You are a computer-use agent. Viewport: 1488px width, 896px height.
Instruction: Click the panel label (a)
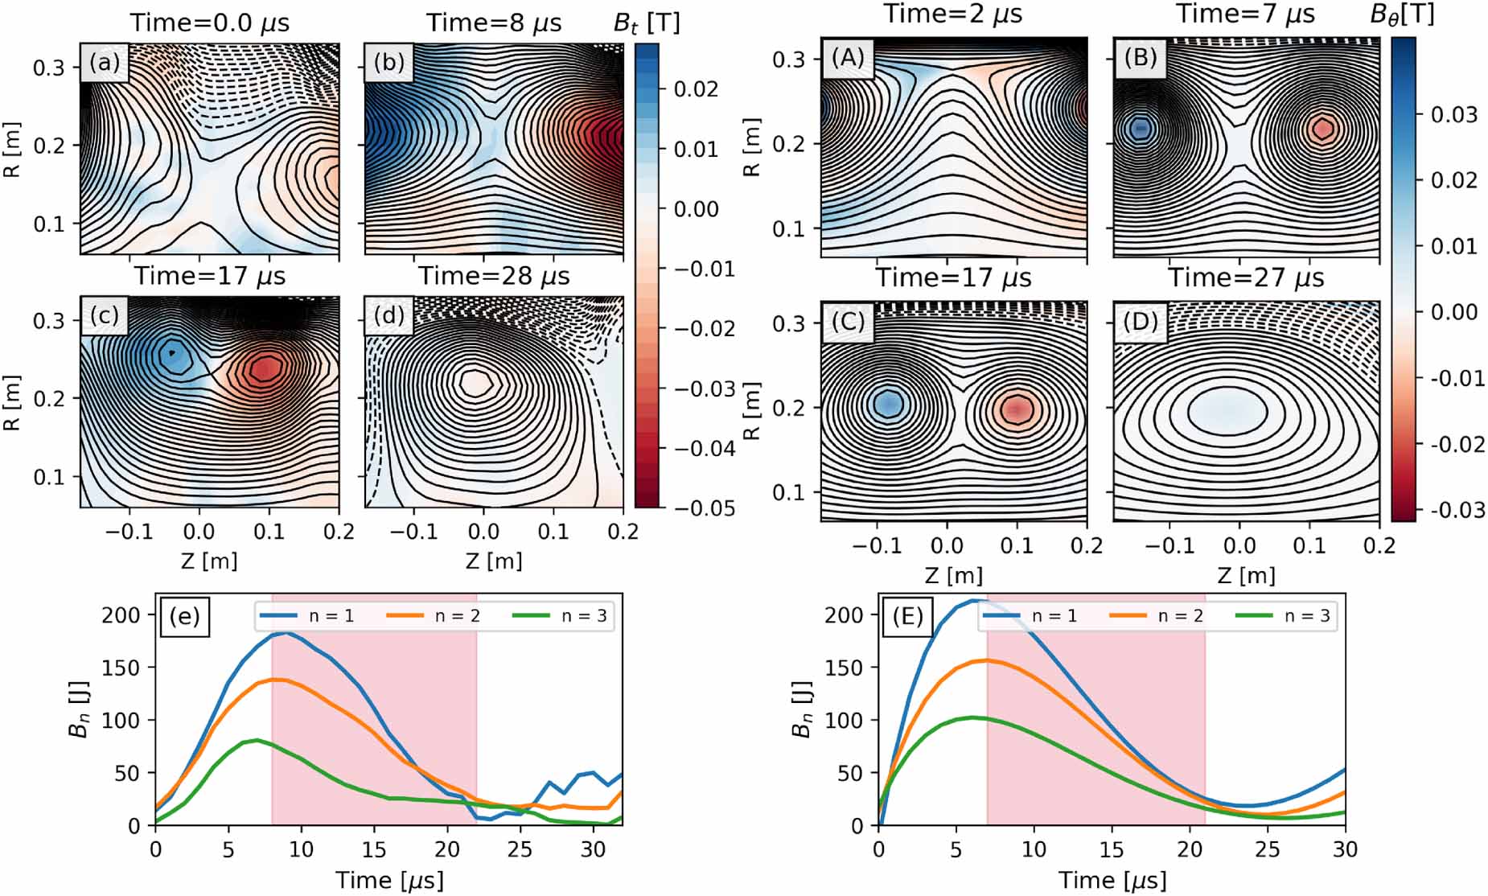(105, 63)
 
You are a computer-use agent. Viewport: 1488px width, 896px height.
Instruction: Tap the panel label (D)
(1141, 322)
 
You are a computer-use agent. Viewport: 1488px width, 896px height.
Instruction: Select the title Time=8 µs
(494, 23)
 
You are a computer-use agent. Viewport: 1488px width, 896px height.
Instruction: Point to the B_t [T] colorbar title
(646, 23)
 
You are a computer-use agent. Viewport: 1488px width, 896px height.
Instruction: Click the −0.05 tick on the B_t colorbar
(704, 508)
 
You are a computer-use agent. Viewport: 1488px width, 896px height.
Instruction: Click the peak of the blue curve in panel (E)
(973, 600)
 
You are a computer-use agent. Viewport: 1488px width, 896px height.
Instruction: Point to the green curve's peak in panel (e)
(257, 740)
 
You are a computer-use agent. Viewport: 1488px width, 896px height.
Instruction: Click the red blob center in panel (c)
(266, 368)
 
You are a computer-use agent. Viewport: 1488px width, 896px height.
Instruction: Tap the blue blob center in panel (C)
(889, 402)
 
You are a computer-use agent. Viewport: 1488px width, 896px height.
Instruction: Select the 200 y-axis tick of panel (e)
(121, 614)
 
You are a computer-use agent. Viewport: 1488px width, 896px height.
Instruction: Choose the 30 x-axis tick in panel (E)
(1345, 849)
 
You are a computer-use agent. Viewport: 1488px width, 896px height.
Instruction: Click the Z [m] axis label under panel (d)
(494, 560)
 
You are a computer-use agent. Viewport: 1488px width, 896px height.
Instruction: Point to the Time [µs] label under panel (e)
(389, 880)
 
